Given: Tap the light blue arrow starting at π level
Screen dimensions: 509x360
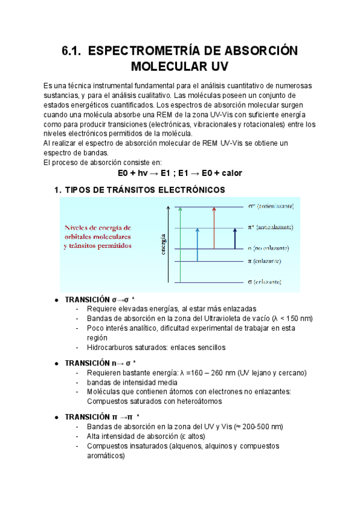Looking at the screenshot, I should (197, 244).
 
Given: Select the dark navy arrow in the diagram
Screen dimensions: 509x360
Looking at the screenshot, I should (235, 238).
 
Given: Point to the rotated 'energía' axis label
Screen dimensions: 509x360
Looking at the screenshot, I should (163, 244).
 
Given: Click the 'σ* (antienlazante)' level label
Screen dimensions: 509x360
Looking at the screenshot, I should (271, 206).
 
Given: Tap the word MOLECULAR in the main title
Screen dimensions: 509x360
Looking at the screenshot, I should (170, 65).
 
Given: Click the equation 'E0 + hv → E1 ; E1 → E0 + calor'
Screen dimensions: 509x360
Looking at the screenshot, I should (180, 173).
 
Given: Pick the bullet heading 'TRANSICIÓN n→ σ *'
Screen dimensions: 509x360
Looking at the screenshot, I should (101, 363).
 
